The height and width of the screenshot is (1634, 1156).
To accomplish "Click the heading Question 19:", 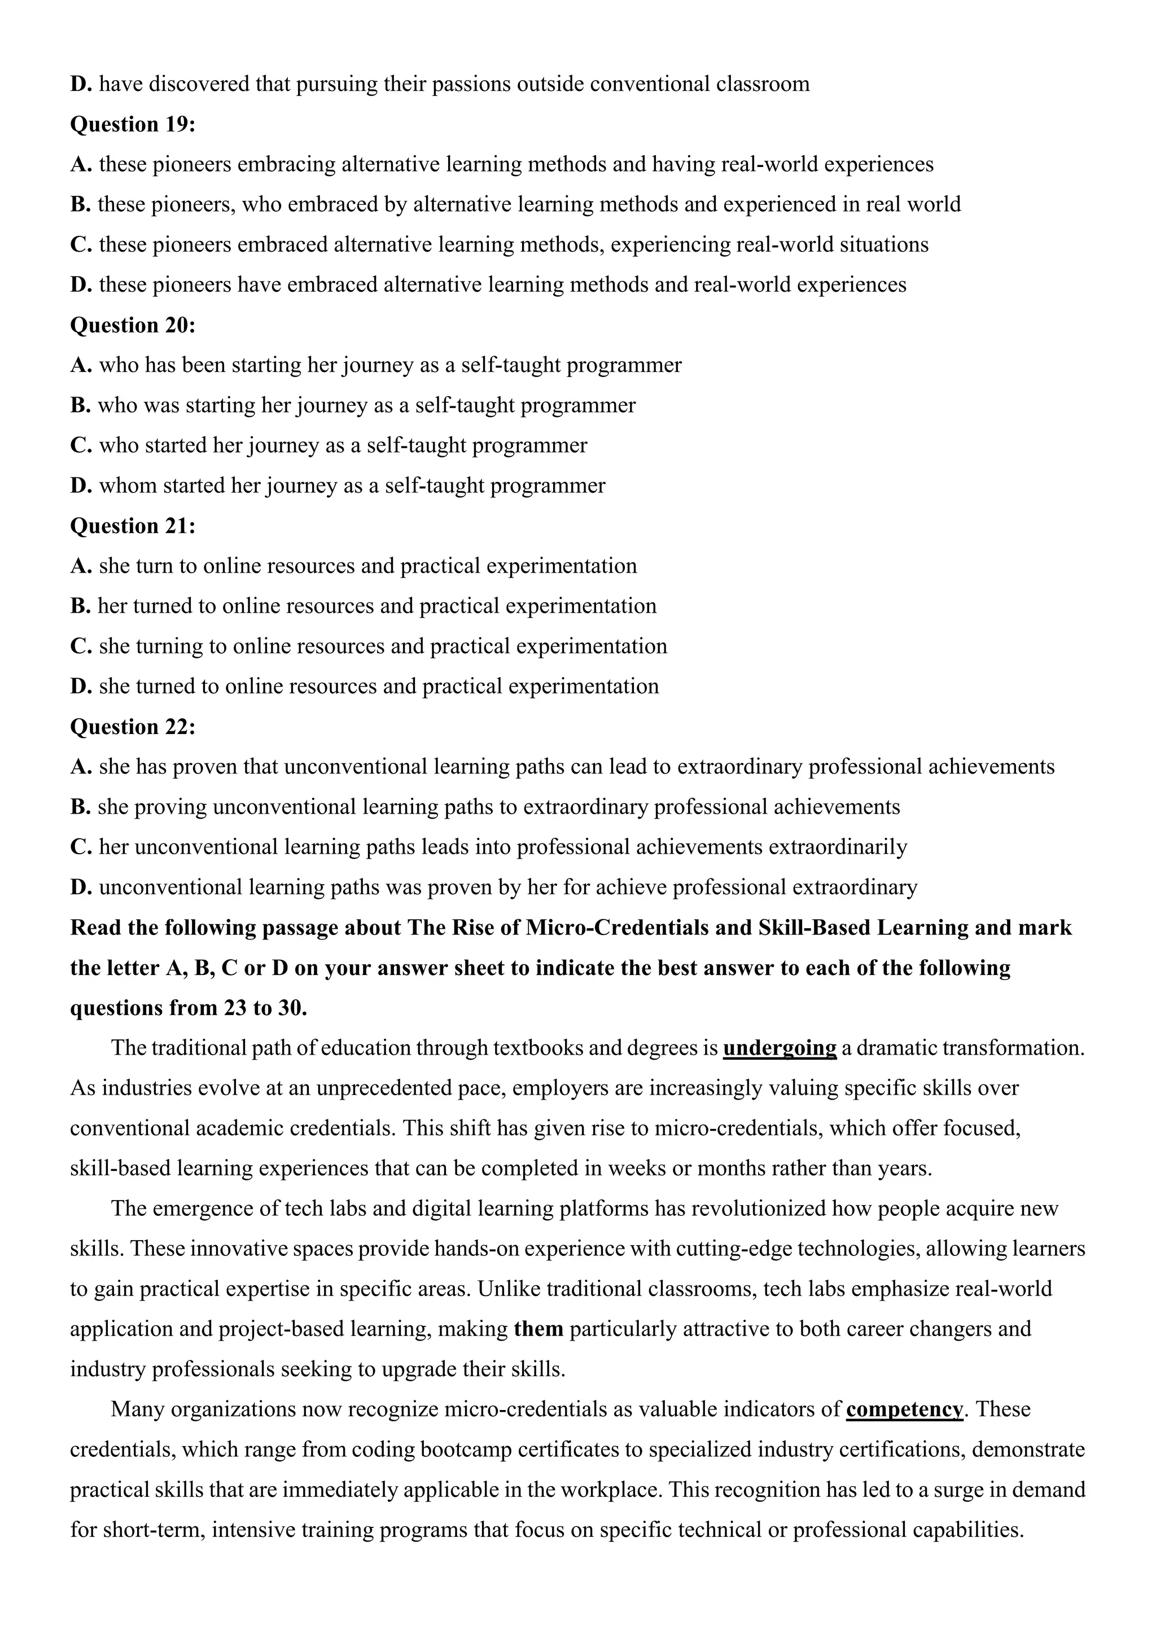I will pyautogui.click(x=133, y=125).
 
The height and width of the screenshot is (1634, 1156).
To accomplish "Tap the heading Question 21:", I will pyautogui.click(x=133, y=526).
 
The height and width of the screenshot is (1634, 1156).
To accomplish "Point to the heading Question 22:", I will pyautogui.click(x=133, y=727).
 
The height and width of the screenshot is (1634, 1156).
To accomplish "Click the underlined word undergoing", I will pyautogui.click(x=780, y=1048).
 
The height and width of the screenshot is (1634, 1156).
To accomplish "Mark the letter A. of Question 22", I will pyautogui.click(x=81, y=767).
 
